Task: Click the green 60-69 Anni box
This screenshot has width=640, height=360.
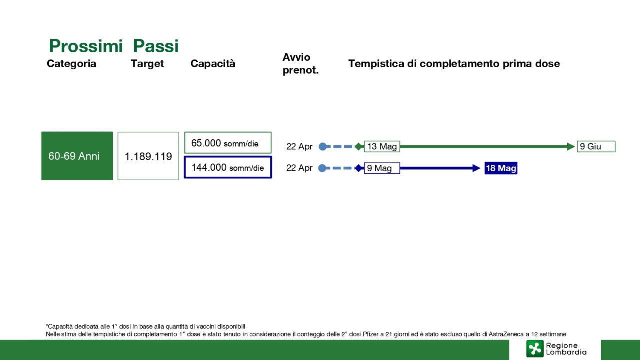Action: click(77, 156)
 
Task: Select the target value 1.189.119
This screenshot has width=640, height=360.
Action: click(148, 156)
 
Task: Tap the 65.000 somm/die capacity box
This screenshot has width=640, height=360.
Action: click(228, 143)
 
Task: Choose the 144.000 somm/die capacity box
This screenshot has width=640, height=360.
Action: click(228, 167)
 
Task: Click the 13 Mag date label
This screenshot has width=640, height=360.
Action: click(382, 147)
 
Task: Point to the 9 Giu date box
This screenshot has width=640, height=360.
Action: click(596, 147)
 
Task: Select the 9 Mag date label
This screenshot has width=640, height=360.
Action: click(382, 168)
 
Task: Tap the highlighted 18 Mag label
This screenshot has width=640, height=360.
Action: click(501, 168)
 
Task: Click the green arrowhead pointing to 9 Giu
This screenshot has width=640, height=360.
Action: click(571, 147)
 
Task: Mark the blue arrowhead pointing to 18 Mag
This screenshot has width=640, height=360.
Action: click(476, 168)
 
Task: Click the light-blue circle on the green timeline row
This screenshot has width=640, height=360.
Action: click(323, 147)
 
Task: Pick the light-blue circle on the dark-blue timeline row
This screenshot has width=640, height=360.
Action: click(322, 168)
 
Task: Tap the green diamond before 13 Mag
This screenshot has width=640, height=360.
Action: click(359, 147)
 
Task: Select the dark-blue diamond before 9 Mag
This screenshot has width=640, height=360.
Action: click(359, 168)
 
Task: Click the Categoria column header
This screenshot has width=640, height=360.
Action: click(71, 63)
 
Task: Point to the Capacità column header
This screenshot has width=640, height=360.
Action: click(213, 63)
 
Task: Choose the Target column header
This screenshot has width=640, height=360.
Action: click(147, 64)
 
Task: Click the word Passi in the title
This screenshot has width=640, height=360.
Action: click(156, 46)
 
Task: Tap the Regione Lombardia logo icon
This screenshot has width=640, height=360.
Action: click(535, 349)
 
